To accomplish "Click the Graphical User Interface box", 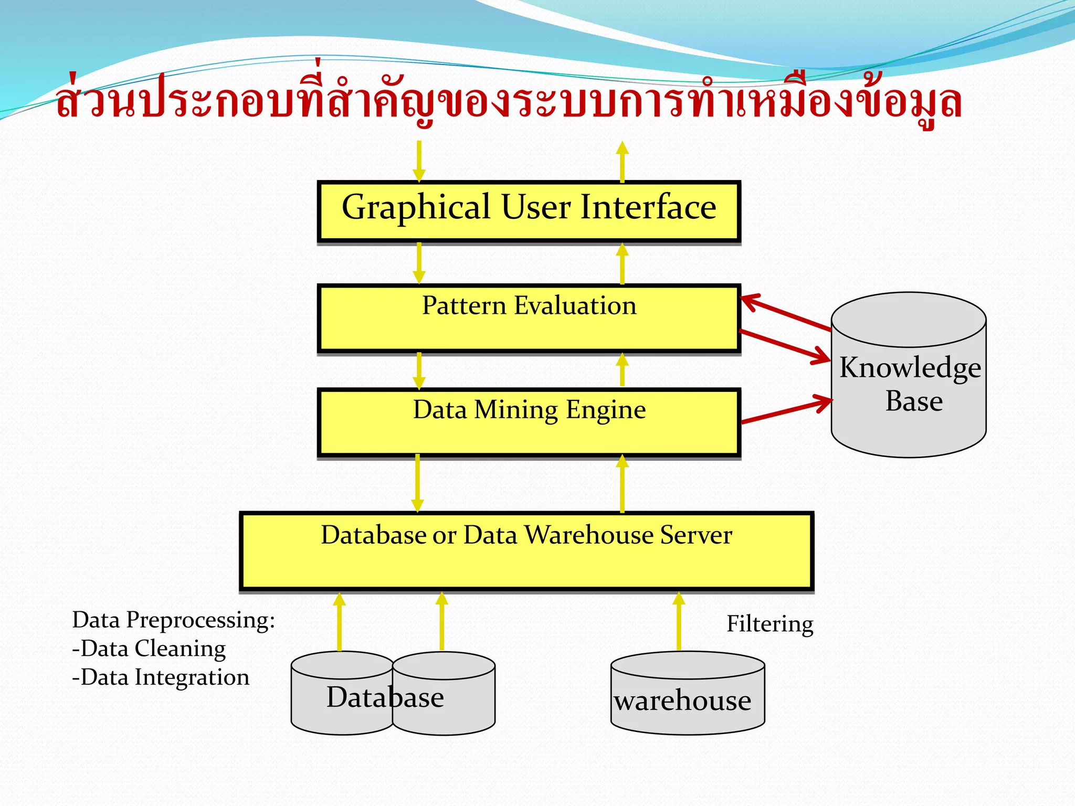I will tap(529, 211).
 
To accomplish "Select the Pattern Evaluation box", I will tap(529, 319).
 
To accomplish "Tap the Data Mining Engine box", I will tap(529, 422).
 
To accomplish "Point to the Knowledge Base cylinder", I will tap(909, 375).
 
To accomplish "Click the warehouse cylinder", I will tap(688, 694).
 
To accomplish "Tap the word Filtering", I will tap(770, 624).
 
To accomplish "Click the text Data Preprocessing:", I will tap(173, 620).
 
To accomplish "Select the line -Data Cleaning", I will tap(149, 649).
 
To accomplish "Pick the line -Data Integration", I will tap(161, 677).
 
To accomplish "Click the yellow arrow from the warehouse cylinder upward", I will tap(679, 622).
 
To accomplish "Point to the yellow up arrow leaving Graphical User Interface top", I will tap(622, 161).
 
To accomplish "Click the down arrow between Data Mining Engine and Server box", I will tap(417, 483).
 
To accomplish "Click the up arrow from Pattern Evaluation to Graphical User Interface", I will tap(622, 263).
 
